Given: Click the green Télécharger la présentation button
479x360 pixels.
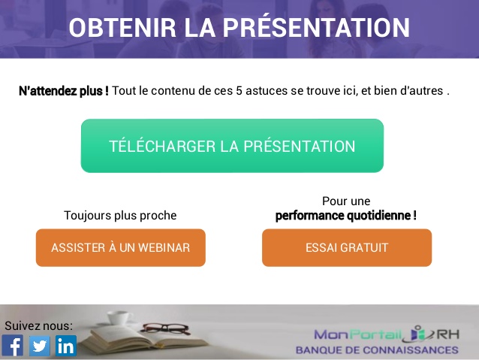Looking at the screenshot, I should pyautogui.click(x=232, y=146).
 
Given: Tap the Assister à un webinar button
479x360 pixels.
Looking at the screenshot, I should pyautogui.click(x=120, y=248).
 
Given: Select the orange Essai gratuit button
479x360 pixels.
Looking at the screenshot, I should pyautogui.click(x=346, y=248).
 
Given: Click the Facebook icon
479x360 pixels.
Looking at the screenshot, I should pyautogui.click(x=13, y=346).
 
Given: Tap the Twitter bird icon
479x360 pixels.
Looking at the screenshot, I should pyautogui.click(x=39, y=346).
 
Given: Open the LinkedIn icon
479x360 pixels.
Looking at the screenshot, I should pyautogui.click(x=66, y=346).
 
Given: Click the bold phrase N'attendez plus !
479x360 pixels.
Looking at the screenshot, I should pyautogui.click(x=63, y=91).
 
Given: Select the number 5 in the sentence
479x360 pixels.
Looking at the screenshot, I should pyautogui.click(x=239, y=91).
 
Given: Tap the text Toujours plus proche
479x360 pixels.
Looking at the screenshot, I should pyautogui.click(x=120, y=216).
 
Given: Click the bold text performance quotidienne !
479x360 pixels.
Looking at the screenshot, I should pyautogui.click(x=345, y=216).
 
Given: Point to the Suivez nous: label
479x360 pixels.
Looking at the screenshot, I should pyautogui.click(x=39, y=325).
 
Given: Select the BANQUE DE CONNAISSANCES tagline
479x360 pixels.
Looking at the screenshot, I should pyautogui.click(x=376, y=350).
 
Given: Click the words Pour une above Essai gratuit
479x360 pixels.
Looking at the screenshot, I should pyautogui.click(x=346, y=201).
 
